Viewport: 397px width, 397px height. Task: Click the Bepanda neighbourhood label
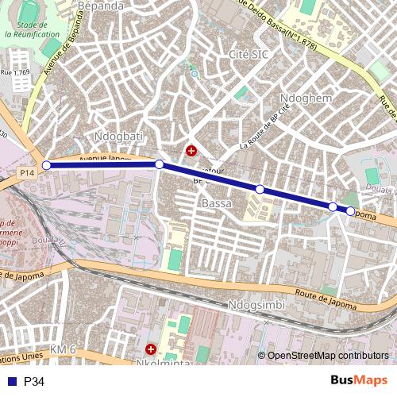click(101, 6)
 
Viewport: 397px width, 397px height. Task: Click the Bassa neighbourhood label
click(217, 204)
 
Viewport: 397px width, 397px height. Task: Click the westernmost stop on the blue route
click(46, 165)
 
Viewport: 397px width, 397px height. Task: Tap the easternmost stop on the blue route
click(350, 211)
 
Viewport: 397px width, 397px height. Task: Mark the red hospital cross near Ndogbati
click(191, 150)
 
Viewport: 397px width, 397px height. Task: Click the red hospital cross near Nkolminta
click(151, 349)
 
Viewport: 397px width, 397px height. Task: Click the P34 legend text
click(34, 382)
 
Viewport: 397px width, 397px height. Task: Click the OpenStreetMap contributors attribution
click(328, 356)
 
